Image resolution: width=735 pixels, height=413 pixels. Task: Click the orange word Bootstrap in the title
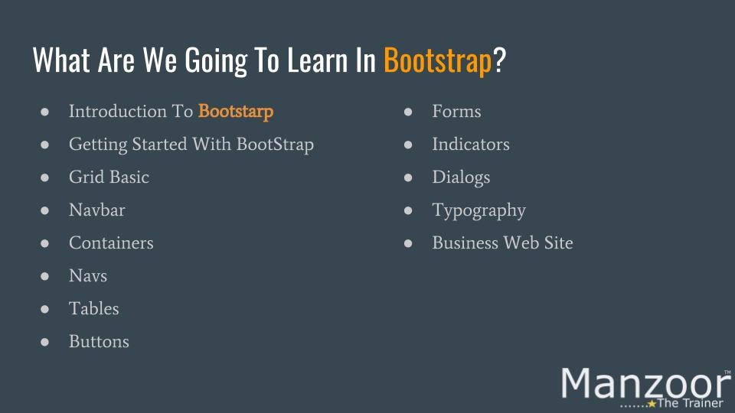(x=437, y=61)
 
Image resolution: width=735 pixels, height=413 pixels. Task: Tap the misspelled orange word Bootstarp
(x=236, y=112)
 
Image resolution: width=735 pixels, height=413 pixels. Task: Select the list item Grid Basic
(x=109, y=177)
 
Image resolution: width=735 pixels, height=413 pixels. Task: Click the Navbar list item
(x=97, y=210)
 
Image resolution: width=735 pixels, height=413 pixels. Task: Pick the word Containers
(x=111, y=243)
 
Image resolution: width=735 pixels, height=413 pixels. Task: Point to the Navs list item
(x=88, y=276)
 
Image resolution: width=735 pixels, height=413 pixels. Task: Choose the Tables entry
(x=93, y=308)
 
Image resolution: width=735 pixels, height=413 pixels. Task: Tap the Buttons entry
(x=99, y=341)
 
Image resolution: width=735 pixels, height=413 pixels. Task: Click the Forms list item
(x=456, y=112)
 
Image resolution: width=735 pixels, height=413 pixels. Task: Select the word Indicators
(x=471, y=145)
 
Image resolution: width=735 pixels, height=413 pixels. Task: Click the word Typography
(x=479, y=211)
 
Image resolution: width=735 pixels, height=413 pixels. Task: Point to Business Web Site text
(x=502, y=243)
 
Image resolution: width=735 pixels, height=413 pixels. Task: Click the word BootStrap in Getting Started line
(x=275, y=145)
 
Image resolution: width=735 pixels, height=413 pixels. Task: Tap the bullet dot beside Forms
(x=408, y=112)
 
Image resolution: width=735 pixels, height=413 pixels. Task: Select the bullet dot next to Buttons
(x=45, y=342)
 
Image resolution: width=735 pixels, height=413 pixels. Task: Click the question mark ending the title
(x=500, y=60)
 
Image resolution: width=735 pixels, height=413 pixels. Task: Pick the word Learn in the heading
(x=317, y=61)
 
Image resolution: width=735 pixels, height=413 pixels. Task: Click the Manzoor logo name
(x=645, y=384)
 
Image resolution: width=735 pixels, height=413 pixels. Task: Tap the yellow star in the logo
(x=652, y=404)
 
